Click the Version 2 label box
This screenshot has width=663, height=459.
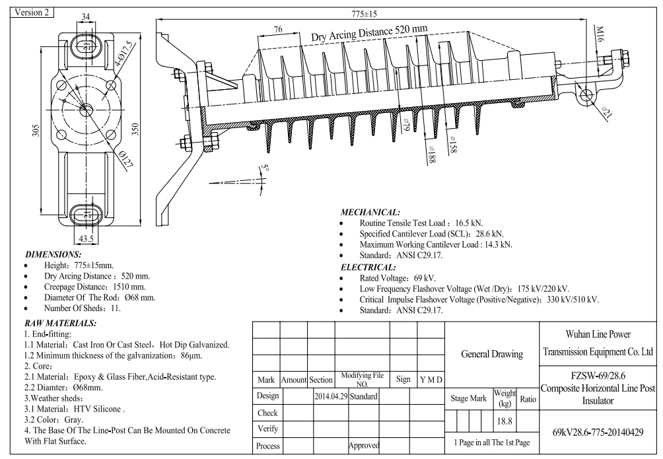[x=32, y=13]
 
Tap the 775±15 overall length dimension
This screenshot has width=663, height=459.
[x=364, y=14]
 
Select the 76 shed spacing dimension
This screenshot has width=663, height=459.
[x=278, y=29]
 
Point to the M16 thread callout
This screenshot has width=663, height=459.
[x=600, y=34]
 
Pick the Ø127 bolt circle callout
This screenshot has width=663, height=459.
[x=126, y=160]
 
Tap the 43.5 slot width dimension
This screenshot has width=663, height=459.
[x=87, y=238]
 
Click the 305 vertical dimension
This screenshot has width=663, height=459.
[x=36, y=130]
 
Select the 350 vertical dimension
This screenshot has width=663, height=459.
[x=135, y=129]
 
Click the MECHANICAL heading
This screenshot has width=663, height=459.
[x=370, y=213]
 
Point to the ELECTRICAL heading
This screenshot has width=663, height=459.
[x=368, y=267]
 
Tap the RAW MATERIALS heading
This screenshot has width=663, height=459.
[x=61, y=323]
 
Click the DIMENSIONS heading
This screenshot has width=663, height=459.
[x=53, y=255]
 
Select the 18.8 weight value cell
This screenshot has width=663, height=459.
[x=505, y=421]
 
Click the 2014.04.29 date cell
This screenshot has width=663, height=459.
[x=331, y=396]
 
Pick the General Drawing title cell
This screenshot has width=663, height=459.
[x=492, y=354]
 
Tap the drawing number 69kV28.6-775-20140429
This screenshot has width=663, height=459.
[x=598, y=432]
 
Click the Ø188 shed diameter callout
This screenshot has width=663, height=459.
[x=431, y=155]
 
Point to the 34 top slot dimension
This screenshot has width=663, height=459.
[x=85, y=17]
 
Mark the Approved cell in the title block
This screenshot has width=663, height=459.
[x=364, y=445]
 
